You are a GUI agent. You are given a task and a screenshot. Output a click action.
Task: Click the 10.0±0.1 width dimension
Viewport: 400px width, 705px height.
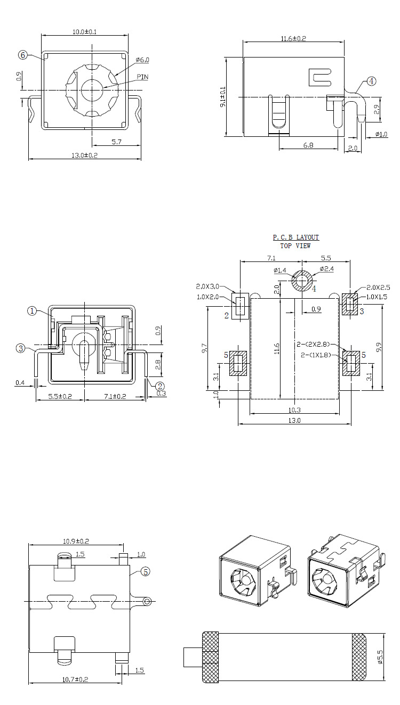[x=84, y=32]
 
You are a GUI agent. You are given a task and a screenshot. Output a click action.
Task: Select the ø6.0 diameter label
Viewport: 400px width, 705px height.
[x=142, y=60]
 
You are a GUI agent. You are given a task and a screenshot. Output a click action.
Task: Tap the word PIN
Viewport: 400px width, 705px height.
[x=142, y=77]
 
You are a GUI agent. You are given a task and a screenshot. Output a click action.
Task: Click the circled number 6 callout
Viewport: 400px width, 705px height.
[x=23, y=55]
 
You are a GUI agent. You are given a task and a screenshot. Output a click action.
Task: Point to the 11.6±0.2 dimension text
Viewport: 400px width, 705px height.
[x=293, y=38]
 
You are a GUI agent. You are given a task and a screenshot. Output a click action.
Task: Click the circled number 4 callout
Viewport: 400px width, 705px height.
[x=371, y=81]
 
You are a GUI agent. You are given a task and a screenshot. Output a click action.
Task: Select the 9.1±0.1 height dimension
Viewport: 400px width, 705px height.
[x=223, y=97]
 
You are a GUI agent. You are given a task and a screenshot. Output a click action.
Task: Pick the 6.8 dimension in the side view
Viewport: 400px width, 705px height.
[x=308, y=145]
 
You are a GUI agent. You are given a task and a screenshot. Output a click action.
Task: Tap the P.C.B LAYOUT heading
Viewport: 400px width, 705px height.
[x=295, y=237]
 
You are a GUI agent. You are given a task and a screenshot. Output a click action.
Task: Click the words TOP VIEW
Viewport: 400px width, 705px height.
[x=295, y=246]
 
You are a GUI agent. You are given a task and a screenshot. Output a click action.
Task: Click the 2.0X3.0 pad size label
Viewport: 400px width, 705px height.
[x=207, y=286]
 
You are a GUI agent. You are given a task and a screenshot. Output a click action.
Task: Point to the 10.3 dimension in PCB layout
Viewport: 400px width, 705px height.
[x=294, y=410]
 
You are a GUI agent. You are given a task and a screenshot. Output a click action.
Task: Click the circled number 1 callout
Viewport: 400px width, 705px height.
[x=32, y=311]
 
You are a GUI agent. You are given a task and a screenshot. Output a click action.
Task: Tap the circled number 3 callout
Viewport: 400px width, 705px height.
[x=21, y=348]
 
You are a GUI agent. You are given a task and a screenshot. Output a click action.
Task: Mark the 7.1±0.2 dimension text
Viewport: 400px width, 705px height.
[x=113, y=397]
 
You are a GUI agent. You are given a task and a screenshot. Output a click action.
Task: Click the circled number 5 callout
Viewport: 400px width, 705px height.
[x=146, y=572]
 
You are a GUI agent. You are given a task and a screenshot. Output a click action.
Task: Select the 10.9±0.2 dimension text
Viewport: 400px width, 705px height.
[x=76, y=541]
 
